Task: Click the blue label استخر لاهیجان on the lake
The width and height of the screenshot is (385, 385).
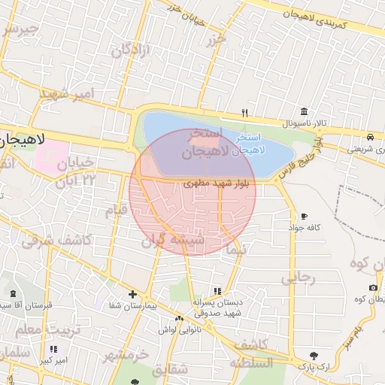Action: coord(247,144)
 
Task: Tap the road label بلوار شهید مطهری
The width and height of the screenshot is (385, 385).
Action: coord(219,183)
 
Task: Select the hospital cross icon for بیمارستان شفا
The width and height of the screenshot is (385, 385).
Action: coord(133,294)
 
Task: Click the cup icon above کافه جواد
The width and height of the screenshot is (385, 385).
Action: coord(304,216)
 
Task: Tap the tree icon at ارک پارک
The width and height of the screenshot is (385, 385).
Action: coord(314,355)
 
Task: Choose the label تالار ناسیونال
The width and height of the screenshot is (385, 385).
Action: coord(301,123)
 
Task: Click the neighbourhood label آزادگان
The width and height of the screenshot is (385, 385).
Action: coord(132,51)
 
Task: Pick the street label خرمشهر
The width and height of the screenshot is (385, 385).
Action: coord(124,354)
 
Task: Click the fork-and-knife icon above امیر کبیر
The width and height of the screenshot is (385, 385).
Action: coord(53,350)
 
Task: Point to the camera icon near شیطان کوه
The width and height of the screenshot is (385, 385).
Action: coord(374,288)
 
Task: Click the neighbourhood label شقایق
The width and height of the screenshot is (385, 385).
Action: coord(169,371)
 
